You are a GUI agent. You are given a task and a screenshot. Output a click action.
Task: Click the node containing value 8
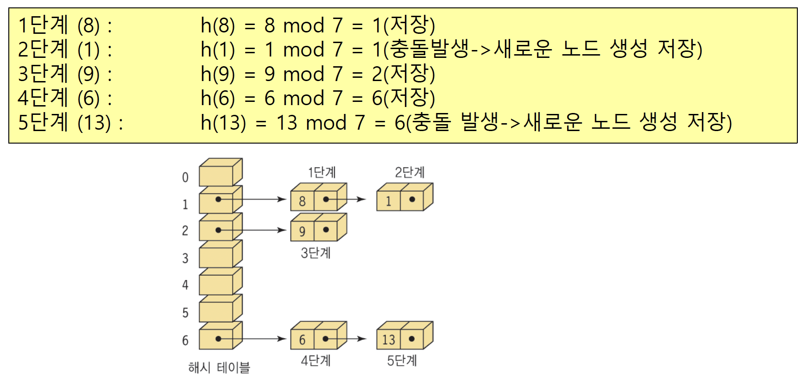click(x=303, y=201)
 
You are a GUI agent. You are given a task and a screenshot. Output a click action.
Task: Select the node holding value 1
click(x=389, y=201)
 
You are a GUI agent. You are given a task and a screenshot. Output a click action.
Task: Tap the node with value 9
click(x=303, y=231)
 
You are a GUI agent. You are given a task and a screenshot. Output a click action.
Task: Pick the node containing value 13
click(x=389, y=339)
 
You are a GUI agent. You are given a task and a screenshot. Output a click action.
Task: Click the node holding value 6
click(x=303, y=339)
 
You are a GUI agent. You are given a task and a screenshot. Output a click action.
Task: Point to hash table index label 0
click(x=185, y=177)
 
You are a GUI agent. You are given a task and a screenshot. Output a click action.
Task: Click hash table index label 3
click(x=185, y=258)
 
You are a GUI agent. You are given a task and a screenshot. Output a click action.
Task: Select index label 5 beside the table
click(x=185, y=313)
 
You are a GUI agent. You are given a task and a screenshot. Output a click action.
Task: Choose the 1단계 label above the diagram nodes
click(x=322, y=172)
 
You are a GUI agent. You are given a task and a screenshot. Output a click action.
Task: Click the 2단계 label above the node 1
click(x=410, y=172)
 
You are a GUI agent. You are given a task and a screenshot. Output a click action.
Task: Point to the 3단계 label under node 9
click(x=316, y=253)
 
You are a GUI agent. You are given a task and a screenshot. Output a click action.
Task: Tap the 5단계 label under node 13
click(x=402, y=360)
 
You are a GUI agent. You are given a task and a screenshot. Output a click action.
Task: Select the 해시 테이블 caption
click(x=219, y=368)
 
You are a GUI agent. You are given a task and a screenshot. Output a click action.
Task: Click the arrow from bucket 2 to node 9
click(x=259, y=230)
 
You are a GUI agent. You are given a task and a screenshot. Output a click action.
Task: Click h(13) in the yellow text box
click(x=223, y=123)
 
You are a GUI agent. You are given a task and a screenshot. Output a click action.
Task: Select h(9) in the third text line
click(x=217, y=74)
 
